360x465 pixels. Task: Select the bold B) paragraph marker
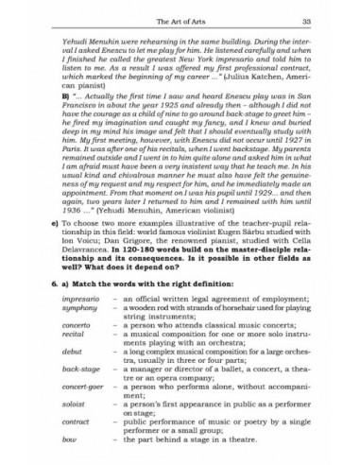pyautogui.click(x=67, y=96)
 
